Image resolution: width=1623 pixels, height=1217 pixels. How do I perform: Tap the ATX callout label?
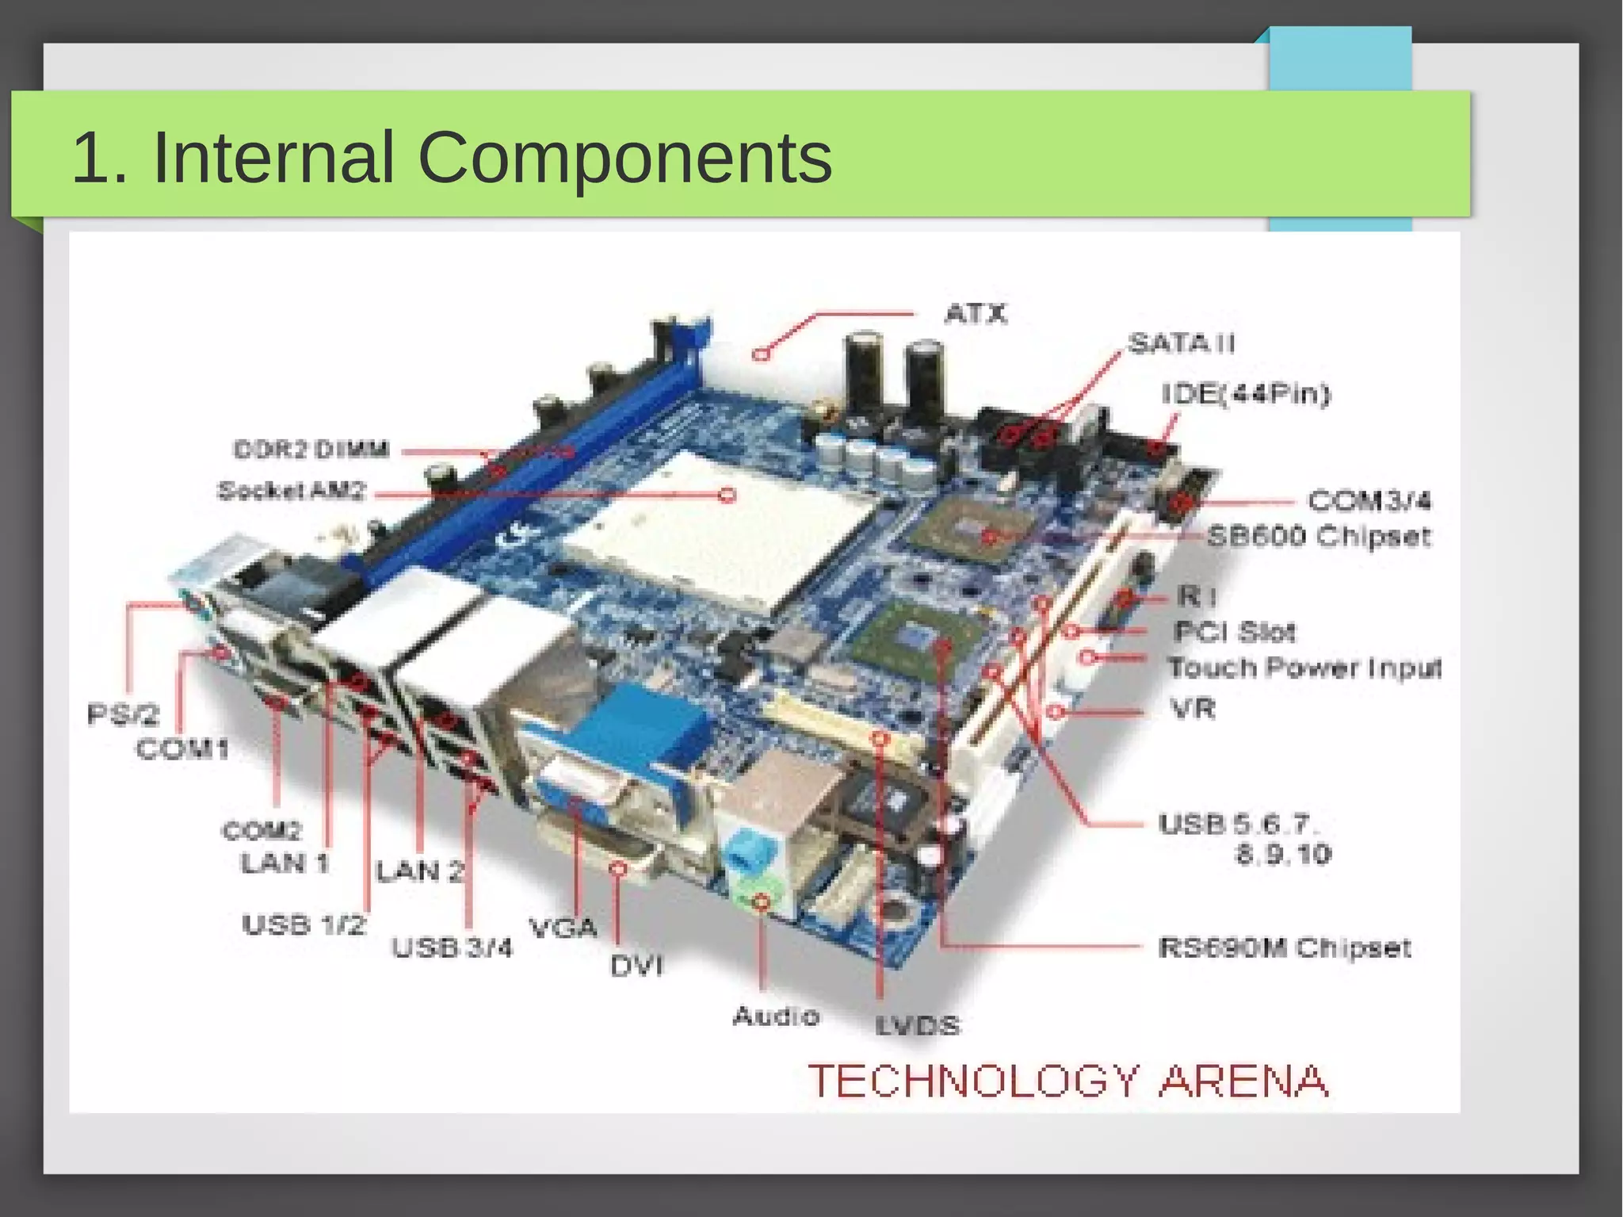pyautogui.click(x=976, y=314)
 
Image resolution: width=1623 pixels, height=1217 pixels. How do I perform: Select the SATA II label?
pyautogui.click(x=1181, y=343)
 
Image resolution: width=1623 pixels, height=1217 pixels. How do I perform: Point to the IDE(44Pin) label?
pyautogui.click(x=1246, y=393)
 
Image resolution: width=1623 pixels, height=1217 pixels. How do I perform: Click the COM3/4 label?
pyautogui.click(x=1369, y=501)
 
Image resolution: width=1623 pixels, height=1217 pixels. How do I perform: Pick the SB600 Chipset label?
pyautogui.click(x=1319, y=537)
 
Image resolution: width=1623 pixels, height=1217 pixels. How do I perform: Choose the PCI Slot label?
pyautogui.click(x=1235, y=632)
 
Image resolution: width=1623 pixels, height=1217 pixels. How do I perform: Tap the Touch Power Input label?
pyautogui.click(x=1304, y=668)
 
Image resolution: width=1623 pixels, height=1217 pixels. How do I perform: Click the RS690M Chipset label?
pyautogui.click(x=1284, y=947)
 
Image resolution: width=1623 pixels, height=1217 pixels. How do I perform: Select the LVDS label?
pyautogui.click(x=918, y=1026)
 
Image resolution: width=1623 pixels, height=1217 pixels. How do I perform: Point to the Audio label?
pyautogui.click(x=776, y=1016)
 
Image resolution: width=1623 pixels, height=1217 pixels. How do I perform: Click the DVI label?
pyautogui.click(x=636, y=966)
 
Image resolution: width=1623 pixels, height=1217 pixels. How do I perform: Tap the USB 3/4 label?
pyautogui.click(x=453, y=947)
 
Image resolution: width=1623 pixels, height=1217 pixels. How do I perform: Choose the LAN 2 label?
pyautogui.click(x=419, y=871)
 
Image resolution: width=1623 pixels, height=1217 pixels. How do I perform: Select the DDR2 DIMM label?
pyautogui.click(x=311, y=450)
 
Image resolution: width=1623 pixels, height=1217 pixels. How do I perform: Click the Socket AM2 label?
pyautogui.click(x=292, y=491)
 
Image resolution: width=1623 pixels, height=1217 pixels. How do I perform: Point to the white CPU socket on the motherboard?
pyautogui.click(x=713, y=531)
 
